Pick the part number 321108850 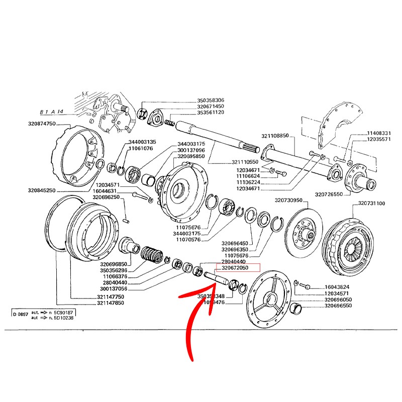coord(275,136)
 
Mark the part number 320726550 coord(329,193)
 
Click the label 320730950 coord(288,200)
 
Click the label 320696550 coord(338,306)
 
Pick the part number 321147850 coord(111,303)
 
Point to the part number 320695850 coord(190,156)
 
